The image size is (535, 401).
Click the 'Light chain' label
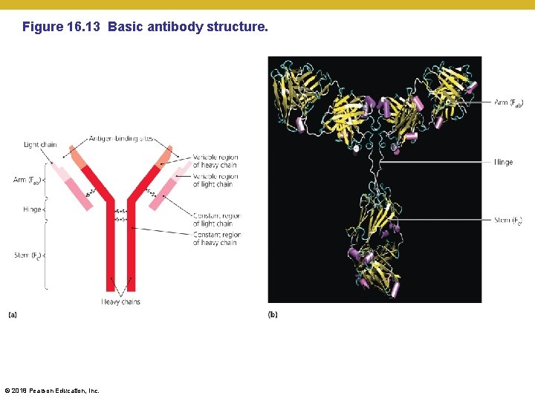[x=40, y=145]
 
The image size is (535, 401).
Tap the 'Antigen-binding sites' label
[x=121, y=138]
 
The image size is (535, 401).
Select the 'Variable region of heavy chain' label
[x=215, y=161]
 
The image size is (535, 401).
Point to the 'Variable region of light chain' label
[x=215, y=180]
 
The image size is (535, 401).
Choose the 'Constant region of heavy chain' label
[x=215, y=238]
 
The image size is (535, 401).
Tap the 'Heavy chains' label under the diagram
[x=121, y=301]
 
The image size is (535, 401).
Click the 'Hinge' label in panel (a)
[x=32, y=209]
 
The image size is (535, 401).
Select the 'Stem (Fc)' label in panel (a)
[x=28, y=255]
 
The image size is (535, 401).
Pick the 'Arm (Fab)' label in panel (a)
[x=27, y=180]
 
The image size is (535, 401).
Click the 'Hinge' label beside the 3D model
[x=503, y=162]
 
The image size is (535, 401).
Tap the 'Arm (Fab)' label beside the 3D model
[x=509, y=102]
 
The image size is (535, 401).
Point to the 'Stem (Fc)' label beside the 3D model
[x=508, y=220]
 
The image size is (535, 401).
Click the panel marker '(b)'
[x=273, y=315]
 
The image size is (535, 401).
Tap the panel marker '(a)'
[x=13, y=315]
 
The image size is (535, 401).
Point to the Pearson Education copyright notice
[x=52, y=391]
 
